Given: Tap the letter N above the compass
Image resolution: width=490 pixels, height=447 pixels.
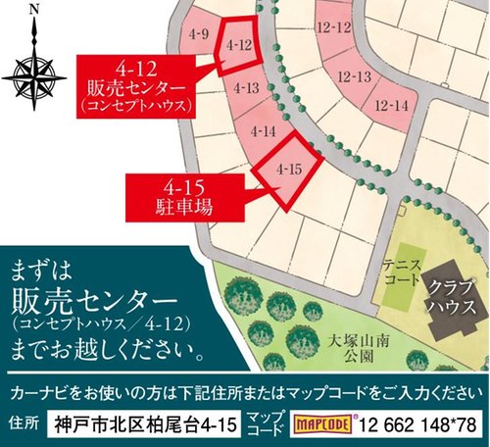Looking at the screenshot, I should tap(34, 12).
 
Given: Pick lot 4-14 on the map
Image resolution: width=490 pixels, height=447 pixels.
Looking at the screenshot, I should tap(263, 130).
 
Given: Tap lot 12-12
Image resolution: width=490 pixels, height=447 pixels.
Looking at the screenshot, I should tap(333, 29).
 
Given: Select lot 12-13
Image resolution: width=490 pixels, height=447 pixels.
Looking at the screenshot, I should tap(353, 76).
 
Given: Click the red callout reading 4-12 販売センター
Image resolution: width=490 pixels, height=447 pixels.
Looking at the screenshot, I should tap(136, 88).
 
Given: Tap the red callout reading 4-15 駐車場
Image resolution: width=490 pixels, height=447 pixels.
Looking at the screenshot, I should tap(176, 194).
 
